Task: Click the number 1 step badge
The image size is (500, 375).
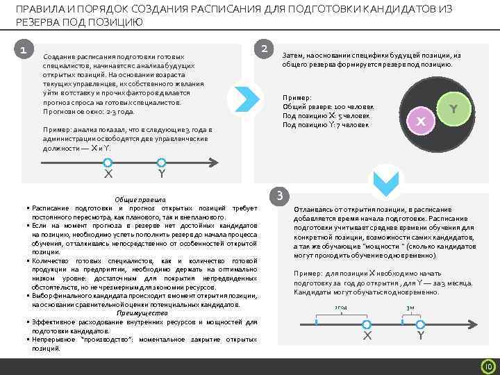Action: pos(24,50)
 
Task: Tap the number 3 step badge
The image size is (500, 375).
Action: pos(278,196)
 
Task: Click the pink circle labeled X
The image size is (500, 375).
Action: pos(420,119)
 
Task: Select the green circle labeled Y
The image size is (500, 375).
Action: pos(453,109)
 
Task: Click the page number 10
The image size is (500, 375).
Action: pos(487,366)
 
